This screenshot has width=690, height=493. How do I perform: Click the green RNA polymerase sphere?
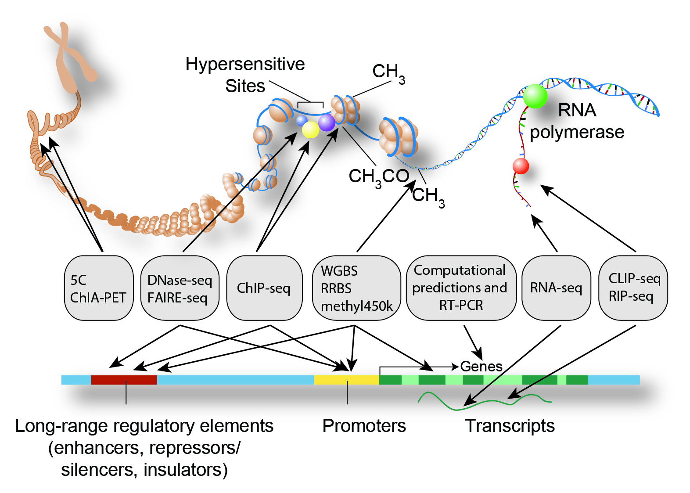pos(535,96)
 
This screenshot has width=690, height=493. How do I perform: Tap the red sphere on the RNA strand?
pos(521,166)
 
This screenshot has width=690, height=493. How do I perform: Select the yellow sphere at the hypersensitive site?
pos(310,130)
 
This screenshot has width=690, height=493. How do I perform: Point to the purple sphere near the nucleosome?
pos(327,122)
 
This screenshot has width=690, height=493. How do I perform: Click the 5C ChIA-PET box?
pos(99,288)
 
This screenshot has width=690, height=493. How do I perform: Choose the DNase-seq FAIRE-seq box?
pos(180,288)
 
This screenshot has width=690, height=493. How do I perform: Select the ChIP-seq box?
pos(264,288)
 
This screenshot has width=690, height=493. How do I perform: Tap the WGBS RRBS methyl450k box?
pos(356,288)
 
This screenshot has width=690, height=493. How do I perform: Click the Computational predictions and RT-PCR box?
pos(461,288)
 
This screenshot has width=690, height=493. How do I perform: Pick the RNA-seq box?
pos(556,288)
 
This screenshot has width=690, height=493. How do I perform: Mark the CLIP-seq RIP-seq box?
pos(633,288)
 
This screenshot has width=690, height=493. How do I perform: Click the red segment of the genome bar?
pos(124,380)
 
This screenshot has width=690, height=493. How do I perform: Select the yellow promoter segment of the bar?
pos(346,380)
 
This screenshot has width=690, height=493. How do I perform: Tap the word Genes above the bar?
pos(481,367)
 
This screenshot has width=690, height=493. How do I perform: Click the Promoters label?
pos(364,426)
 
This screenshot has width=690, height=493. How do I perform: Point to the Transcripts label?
pos(510,426)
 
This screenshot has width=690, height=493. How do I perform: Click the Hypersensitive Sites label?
pos(245,75)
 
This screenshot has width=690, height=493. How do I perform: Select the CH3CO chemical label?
pos(379,176)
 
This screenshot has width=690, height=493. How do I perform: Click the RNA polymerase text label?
pos(577,121)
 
